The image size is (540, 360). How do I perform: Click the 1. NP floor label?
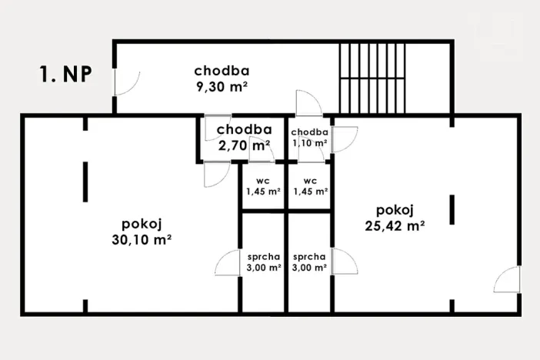click(66, 74)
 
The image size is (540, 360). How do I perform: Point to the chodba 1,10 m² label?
click(309, 137)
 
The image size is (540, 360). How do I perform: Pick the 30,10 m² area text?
click(141, 239)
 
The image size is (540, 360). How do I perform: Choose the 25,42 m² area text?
click(396, 225)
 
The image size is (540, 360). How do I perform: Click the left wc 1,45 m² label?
click(262, 186)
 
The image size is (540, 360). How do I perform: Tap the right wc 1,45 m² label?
click(310, 186)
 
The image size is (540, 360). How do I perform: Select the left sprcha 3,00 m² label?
click(264, 262)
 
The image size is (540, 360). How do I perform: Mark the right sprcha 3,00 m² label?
click(310, 262)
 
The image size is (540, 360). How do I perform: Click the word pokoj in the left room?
click(141, 224)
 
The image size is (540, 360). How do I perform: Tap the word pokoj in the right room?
click(395, 210)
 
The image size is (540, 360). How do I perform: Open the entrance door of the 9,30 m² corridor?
click(126, 82)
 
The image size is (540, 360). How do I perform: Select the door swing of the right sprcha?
click(345, 263)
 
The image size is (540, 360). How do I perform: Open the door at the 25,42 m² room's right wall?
click(507, 281)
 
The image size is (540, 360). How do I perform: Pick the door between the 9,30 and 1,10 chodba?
click(308, 104)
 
